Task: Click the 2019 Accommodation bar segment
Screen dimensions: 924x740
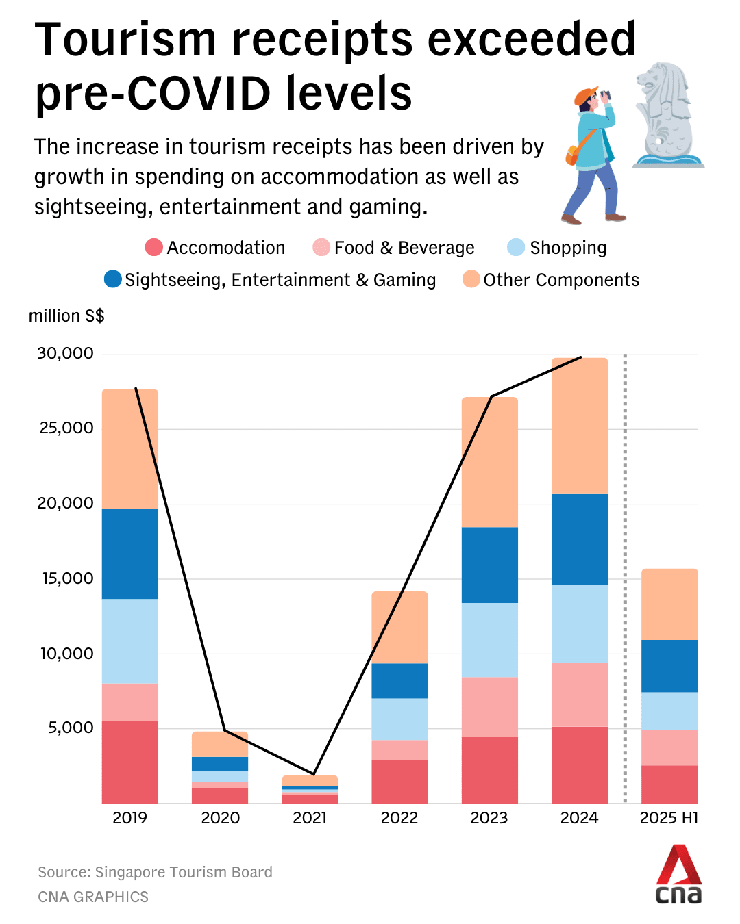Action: (130, 761)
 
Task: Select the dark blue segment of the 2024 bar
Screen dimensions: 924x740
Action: (579, 539)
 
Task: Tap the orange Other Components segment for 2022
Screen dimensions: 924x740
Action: (399, 627)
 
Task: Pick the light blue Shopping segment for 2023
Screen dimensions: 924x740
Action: (489, 640)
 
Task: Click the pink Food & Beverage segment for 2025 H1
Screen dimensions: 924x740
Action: (669, 747)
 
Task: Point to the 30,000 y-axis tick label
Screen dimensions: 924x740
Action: (65, 353)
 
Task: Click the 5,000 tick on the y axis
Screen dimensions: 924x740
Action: (71, 728)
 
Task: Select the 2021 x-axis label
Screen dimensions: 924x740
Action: (310, 818)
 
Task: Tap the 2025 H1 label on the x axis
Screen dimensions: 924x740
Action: (669, 818)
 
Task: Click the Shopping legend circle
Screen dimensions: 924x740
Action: (516, 247)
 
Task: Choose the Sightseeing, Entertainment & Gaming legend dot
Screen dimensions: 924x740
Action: (113, 279)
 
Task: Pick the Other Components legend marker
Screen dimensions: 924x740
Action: (471, 279)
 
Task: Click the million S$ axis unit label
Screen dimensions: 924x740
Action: (66, 316)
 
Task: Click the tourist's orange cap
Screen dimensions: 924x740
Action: (585, 96)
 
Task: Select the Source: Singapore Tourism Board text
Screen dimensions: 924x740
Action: (155, 872)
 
